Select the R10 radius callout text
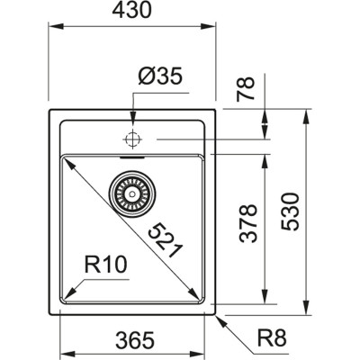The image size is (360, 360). click(103, 265)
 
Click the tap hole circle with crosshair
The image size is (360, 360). click(132, 139)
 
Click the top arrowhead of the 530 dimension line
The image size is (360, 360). click(307, 115)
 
